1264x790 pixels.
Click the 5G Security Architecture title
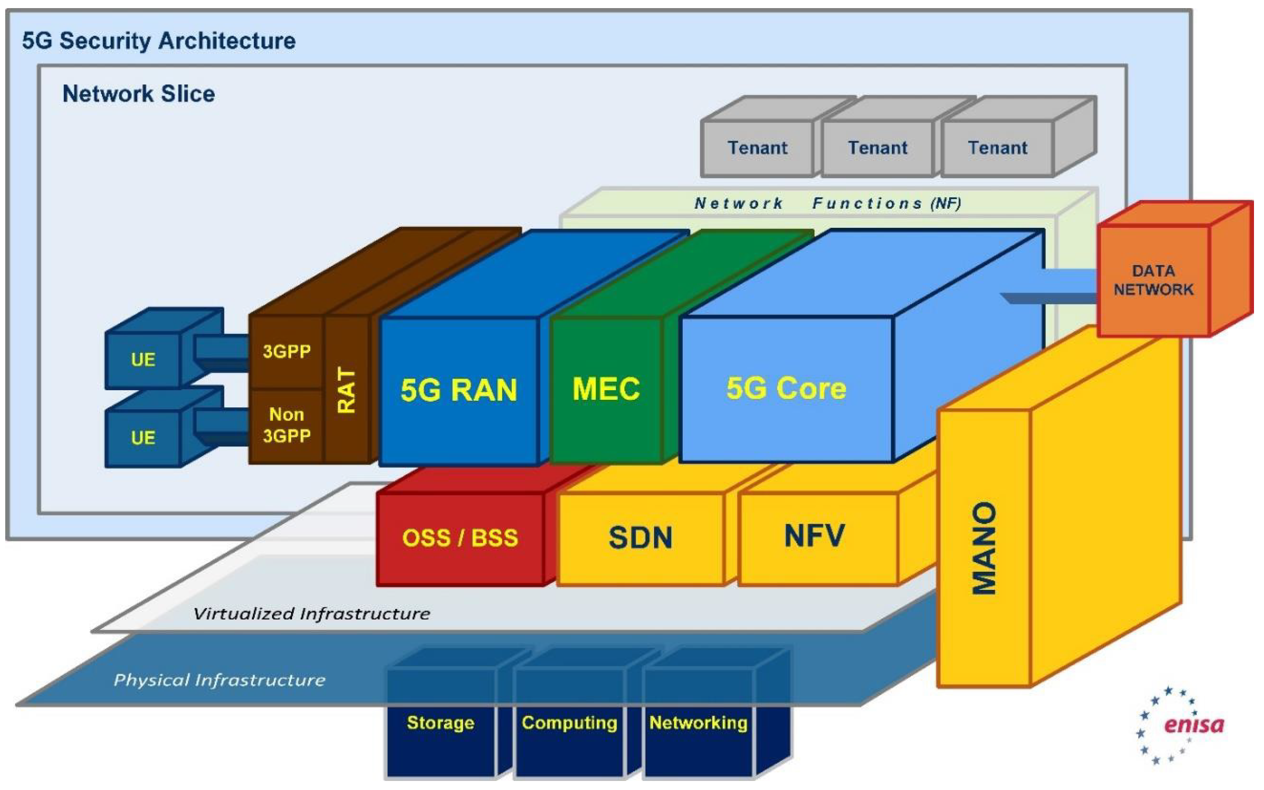pyautogui.click(x=159, y=41)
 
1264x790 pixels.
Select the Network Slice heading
pyautogui.click(x=139, y=94)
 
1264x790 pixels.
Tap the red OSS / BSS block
pyautogui.click(x=460, y=537)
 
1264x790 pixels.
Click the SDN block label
pyautogui.click(x=640, y=537)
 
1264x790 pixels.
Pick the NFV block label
pyautogui.click(x=814, y=536)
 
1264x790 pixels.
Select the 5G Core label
pyautogui.click(x=786, y=388)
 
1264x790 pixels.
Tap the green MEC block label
pyautogui.click(x=606, y=389)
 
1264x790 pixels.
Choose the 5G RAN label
pyautogui.click(x=459, y=390)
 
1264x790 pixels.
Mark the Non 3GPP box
pyautogui.click(x=286, y=425)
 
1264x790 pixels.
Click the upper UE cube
pyautogui.click(x=143, y=359)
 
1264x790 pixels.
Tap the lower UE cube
pyautogui.click(x=143, y=437)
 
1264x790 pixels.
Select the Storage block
pyautogui.click(x=440, y=723)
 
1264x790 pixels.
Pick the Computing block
pyautogui.click(x=569, y=723)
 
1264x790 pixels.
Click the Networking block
pyautogui.click(x=698, y=723)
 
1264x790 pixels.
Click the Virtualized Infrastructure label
pyautogui.click(x=312, y=613)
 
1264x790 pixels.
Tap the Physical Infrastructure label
pyautogui.click(x=219, y=680)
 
